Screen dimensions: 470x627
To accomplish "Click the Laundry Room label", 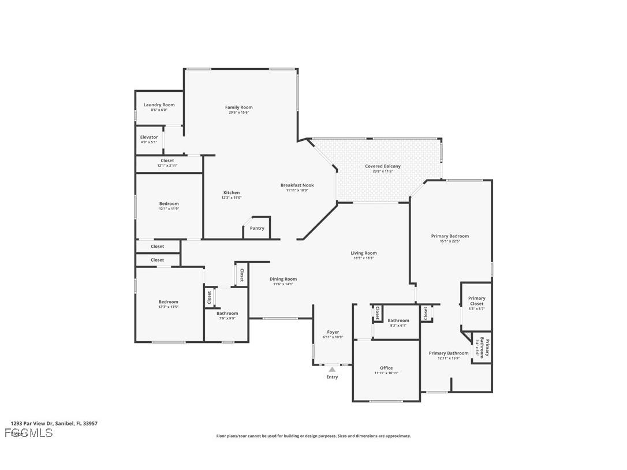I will point(159,105).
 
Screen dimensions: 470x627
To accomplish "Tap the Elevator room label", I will point(149,137).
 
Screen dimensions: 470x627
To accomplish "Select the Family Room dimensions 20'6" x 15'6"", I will point(238,112).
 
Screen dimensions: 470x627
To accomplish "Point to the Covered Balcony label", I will point(382,166).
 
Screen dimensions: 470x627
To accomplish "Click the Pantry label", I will point(257,228).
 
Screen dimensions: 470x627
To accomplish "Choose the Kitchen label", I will point(232,193).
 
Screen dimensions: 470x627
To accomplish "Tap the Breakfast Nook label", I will point(297,185).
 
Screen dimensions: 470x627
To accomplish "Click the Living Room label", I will point(364,253).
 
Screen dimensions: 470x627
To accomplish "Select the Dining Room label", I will point(283,279).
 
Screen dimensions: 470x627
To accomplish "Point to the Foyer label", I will point(333,332).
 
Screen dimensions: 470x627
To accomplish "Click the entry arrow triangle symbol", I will point(332,369).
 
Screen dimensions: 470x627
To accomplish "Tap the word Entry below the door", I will point(332,377).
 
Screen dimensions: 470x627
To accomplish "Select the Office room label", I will point(386,368).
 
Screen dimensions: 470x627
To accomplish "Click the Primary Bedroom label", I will point(450,236).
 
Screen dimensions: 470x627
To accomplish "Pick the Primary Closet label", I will point(476,301).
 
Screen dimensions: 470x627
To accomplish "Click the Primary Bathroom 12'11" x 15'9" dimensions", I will point(448,358).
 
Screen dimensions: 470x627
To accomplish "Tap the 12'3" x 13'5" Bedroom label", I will point(169,307).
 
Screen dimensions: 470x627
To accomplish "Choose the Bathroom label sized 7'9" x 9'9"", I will point(227,318).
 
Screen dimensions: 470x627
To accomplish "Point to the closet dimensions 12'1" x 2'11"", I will point(167,166).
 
